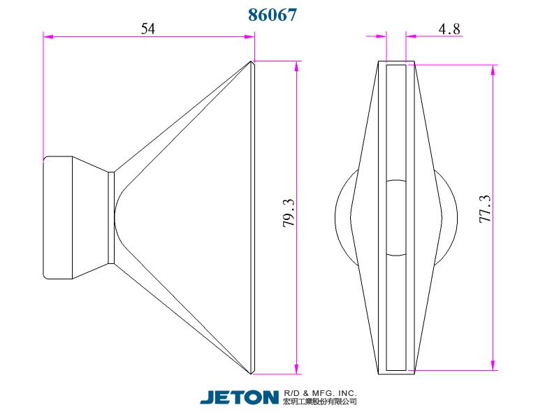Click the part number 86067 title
273,15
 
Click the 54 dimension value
148,28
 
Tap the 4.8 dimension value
449,28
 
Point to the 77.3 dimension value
486,209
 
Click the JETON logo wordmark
239,397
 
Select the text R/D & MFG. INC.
320,393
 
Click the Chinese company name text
320,402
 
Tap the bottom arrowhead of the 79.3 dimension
298,369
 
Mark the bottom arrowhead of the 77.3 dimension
494,366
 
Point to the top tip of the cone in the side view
252,61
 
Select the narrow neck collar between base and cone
111,217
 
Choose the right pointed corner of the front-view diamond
442,217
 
